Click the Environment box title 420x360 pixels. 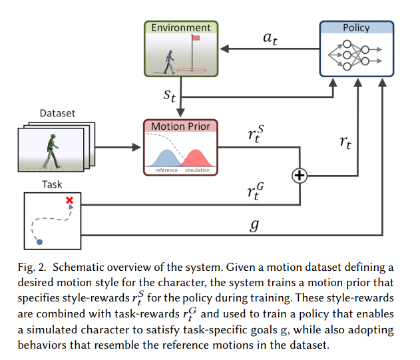(181, 27)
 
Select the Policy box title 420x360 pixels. (356, 27)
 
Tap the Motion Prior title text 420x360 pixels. (180, 126)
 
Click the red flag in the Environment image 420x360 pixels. (196, 38)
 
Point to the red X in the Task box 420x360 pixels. (69, 200)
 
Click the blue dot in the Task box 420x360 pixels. (39, 242)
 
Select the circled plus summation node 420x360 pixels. (300, 176)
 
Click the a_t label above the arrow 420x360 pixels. (270, 39)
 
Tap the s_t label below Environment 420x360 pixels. (170, 96)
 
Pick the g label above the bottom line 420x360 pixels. (254, 225)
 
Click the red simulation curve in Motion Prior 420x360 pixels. (196, 158)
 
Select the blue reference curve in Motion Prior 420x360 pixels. (167, 158)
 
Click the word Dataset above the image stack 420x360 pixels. (57, 113)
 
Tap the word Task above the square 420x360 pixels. (52, 184)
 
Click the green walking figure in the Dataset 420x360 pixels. (52, 151)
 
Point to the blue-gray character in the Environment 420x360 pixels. (169, 62)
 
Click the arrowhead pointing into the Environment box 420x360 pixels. (224, 49)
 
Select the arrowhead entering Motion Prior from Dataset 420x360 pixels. (136, 147)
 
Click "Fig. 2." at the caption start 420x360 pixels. (32, 268)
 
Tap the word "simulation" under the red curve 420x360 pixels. (198, 170)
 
